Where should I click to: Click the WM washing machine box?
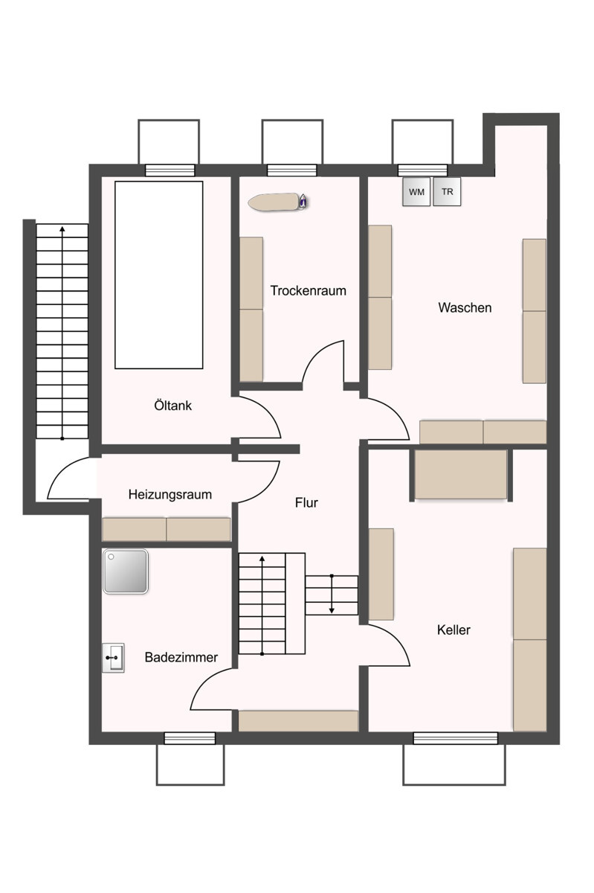416,192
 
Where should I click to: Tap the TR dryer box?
447,191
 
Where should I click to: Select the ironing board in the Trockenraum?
279,202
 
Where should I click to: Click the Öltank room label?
173,406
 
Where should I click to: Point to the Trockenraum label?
309,291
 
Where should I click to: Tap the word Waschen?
465,307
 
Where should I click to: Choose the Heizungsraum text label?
170,495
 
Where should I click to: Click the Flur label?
306,503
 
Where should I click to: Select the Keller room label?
453,630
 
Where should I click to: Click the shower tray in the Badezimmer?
126,572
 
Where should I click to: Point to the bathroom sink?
113,658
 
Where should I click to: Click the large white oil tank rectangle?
159,275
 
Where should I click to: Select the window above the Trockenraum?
292,170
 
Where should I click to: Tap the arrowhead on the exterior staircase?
62,229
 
